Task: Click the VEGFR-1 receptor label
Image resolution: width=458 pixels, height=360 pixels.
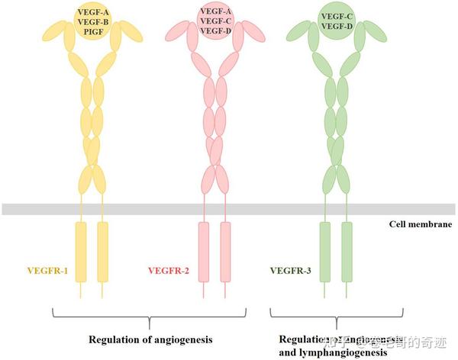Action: click(x=47, y=271)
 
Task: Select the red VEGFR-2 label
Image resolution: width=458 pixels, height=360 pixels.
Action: click(x=169, y=271)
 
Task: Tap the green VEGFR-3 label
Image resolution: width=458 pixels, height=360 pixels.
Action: click(x=292, y=271)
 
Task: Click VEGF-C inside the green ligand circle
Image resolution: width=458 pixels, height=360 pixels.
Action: click(x=337, y=15)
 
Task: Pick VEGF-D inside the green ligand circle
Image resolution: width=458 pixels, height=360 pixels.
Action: click(x=337, y=26)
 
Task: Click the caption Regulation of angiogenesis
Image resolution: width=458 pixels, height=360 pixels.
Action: click(x=148, y=337)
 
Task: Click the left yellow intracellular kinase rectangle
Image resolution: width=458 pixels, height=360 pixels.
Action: click(x=80, y=252)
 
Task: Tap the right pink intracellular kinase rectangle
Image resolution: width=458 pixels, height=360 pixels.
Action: click(x=225, y=252)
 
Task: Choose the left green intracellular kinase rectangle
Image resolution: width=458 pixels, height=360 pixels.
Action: click(x=325, y=252)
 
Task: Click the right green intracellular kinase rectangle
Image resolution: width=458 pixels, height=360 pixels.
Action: click(x=347, y=252)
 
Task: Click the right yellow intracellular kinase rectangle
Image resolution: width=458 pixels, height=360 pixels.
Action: click(x=102, y=252)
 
